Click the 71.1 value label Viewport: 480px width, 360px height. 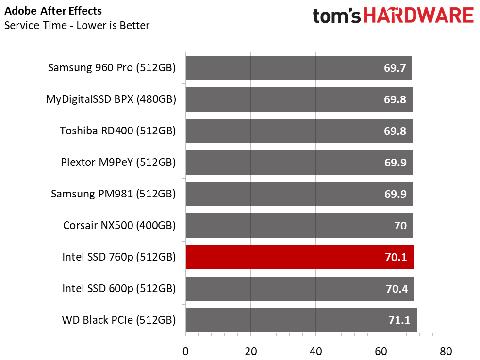(x=398, y=320)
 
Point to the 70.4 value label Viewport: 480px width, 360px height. (x=397, y=289)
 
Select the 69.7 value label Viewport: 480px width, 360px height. (x=395, y=68)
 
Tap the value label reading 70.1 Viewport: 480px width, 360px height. (x=397, y=257)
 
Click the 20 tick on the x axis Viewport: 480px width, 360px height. (x=250, y=351)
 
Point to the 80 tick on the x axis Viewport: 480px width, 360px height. (x=446, y=351)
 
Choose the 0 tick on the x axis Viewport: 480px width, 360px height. (x=185, y=351)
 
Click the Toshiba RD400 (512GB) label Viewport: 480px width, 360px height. (x=117, y=131)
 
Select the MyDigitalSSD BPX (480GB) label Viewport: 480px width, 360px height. (x=111, y=99)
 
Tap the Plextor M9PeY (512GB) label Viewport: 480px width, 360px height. (x=118, y=163)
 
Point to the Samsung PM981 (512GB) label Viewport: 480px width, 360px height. (x=113, y=194)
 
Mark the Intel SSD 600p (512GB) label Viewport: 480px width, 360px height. (x=119, y=289)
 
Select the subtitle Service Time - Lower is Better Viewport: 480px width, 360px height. (x=77, y=25)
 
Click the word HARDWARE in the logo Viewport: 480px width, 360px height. (x=419, y=16)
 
